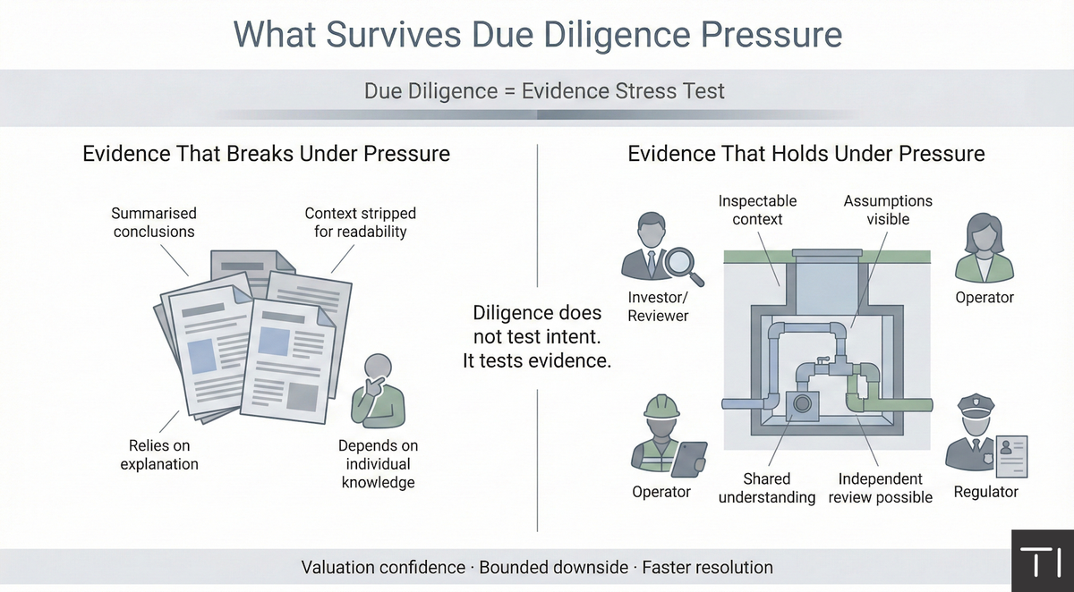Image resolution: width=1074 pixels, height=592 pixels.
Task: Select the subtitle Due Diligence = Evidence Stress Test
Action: pyautogui.click(x=544, y=91)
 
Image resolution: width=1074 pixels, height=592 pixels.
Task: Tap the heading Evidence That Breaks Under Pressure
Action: pyautogui.click(x=266, y=154)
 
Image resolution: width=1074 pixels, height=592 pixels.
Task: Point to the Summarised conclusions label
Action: pyautogui.click(x=154, y=223)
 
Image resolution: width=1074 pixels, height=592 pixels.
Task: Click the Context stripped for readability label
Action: pyautogui.click(x=360, y=223)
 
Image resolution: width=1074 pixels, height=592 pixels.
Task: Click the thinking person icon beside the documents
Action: pyautogui.click(x=379, y=389)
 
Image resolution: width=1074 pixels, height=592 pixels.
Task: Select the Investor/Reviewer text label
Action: pyautogui.click(x=658, y=307)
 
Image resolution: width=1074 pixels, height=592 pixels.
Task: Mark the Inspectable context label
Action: pyautogui.click(x=756, y=210)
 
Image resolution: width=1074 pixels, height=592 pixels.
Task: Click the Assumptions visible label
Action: pyautogui.click(x=888, y=210)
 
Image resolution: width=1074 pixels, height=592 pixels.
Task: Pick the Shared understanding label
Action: pyautogui.click(x=766, y=488)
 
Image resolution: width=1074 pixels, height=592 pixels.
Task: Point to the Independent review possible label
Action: pyautogui.click(x=880, y=488)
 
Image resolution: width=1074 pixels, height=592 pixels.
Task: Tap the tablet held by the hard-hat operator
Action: pyautogui.click(x=689, y=458)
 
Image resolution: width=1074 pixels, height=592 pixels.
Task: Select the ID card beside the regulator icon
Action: pyautogui.click(x=1010, y=453)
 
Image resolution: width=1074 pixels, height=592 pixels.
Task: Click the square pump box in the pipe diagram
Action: pyautogui.click(x=802, y=405)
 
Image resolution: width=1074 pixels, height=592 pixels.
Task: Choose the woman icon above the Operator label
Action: pyautogui.click(x=984, y=248)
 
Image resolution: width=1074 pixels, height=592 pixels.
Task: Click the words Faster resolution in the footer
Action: pyautogui.click(x=707, y=568)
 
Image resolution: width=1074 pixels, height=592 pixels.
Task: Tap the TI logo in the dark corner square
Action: pyautogui.click(x=1043, y=562)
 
